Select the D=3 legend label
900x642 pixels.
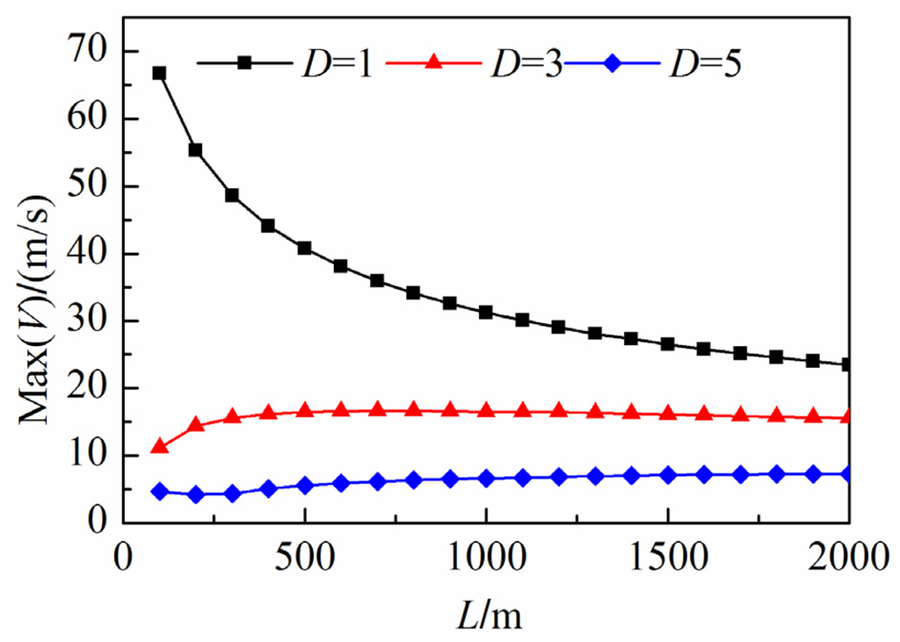525,66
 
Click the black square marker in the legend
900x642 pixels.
245,63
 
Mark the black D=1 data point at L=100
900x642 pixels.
159,73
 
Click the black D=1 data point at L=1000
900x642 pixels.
486,313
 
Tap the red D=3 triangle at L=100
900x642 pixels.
159,447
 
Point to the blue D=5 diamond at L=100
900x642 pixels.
159,491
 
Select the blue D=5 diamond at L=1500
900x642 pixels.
668,475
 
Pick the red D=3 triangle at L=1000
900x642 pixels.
486,411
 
